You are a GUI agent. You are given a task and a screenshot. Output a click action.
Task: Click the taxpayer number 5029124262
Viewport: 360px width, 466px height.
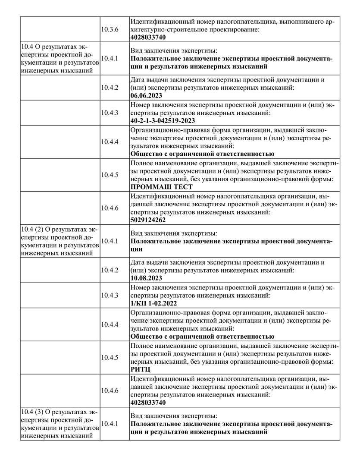147,220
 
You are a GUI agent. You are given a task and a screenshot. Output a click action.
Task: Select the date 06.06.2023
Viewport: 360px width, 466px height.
146,95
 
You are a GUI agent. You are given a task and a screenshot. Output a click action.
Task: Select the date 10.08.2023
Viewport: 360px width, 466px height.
146,278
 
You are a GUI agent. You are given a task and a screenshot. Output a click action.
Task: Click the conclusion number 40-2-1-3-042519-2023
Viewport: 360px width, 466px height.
162,120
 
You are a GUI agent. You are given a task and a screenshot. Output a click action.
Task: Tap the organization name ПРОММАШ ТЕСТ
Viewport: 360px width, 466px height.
161,187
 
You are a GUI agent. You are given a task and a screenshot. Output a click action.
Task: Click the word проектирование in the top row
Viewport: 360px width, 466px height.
234,29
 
